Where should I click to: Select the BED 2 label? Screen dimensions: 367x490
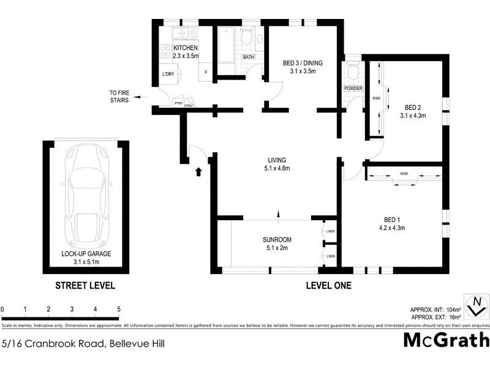(x=412, y=111)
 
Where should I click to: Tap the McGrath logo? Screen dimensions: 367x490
(x=447, y=340)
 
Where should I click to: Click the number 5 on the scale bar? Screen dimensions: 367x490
(x=118, y=310)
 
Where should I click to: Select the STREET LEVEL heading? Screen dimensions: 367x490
(x=85, y=286)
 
